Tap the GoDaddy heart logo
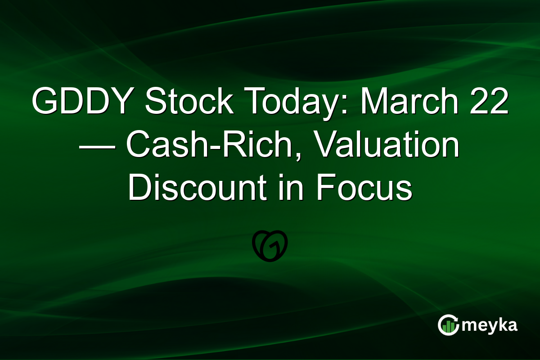tap(270, 247)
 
